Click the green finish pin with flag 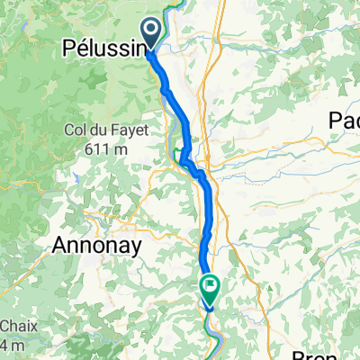(211, 288)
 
